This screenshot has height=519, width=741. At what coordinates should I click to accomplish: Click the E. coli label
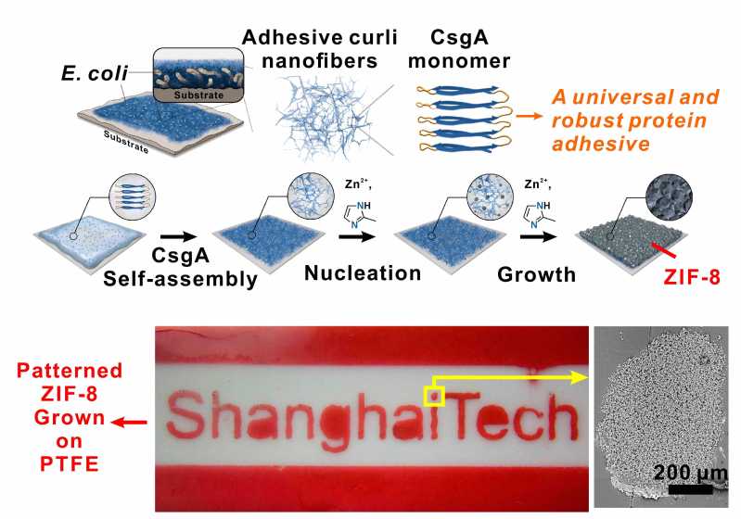pyautogui.click(x=95, y=72)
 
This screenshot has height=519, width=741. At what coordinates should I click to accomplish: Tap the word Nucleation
pyautogui.click(x=363, y=273)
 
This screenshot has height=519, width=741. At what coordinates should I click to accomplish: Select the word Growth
pyautogui.click(x=536, y=274)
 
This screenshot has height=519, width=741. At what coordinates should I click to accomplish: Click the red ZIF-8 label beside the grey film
pyautogui.click(x=692, y=277)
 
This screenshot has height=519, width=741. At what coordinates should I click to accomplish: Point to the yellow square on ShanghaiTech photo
pyautogui.click(x=434, y=397)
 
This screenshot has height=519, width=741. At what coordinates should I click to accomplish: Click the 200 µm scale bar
pyautogui.click(x=690, y=488)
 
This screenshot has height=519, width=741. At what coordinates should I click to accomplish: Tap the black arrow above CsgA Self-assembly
pyautogui.click(x=178, y=236)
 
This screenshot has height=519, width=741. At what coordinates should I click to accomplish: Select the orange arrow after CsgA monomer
pyautogui.click(x=530, y=115)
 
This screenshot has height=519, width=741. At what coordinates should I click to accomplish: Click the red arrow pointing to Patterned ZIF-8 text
pyautogui.click(x=129, y=423)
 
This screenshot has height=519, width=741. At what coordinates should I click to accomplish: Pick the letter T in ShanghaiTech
pyautogui.click(x=465, y=418)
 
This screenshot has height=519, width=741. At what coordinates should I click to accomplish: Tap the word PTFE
pyautogui.click(x=70, y=464)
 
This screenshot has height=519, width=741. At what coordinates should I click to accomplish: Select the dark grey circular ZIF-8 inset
pyautogui.click(x=669, y=196)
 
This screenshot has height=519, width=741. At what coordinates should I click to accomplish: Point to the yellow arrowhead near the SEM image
pyautogui.click(x=579, y=377)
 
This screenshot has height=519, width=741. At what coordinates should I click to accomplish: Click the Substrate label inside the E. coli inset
pyautogui.click(x=198, y=95)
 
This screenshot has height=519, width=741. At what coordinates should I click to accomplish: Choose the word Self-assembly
pyautogui.click(x=180, y=279)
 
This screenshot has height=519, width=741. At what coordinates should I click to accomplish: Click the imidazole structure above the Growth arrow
pyautogui.click(x=538, y=215)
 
